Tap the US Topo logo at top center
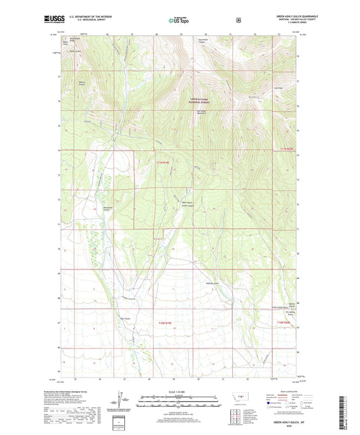click(178, 21)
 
